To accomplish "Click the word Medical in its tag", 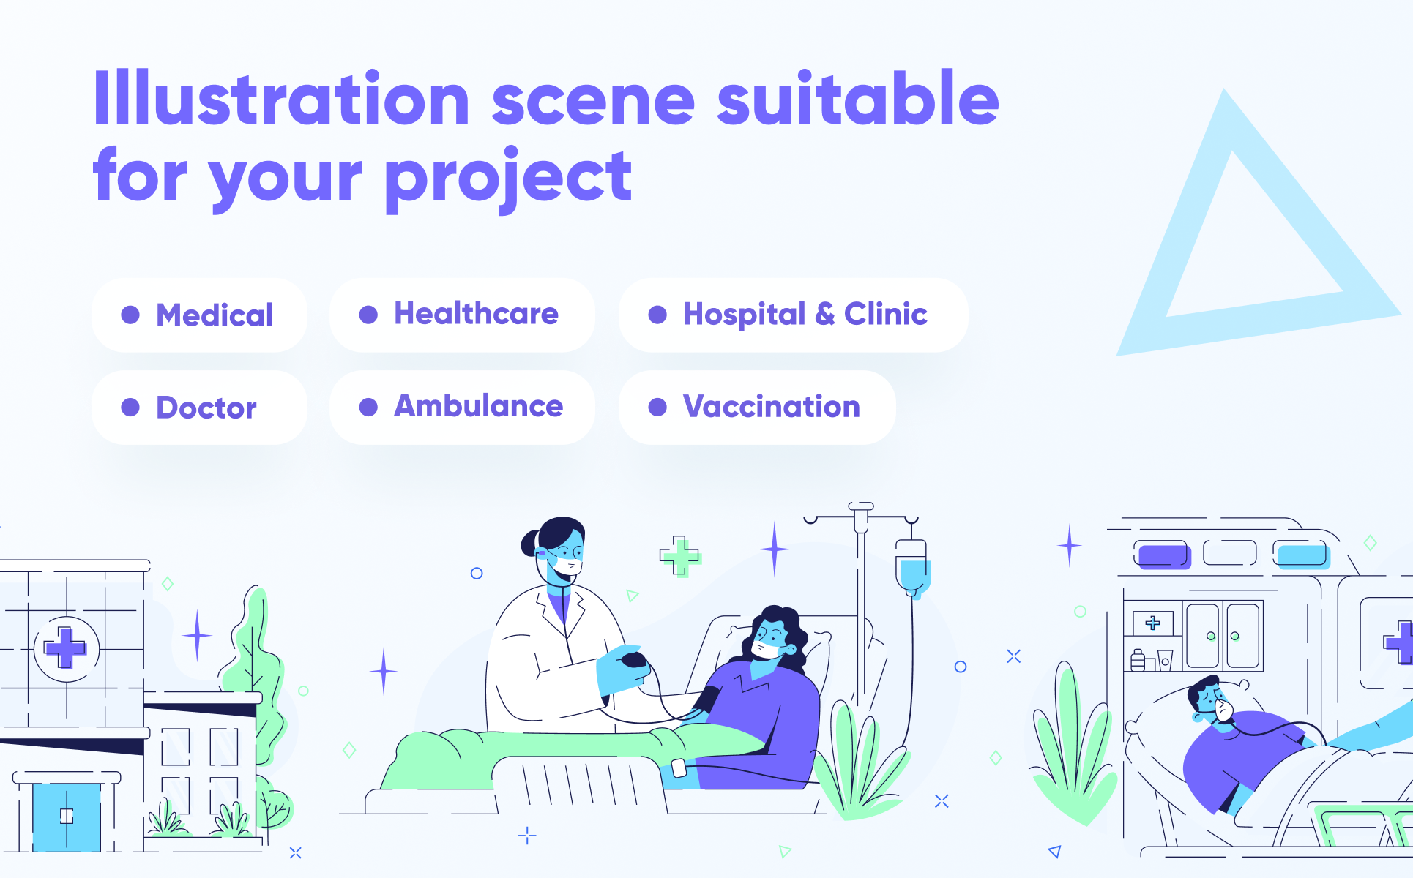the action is [x=215, y=315].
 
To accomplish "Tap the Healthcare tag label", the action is [x=476, y=313].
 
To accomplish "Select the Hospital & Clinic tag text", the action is [x=805, y=315].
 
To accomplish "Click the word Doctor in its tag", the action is [x=206, y=408].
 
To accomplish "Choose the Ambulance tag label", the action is [x=479, y=406].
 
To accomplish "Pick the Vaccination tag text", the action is [x=772, y=406].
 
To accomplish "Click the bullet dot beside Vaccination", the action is [x=657, y=407].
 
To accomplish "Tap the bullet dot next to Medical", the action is [x=130, y=315].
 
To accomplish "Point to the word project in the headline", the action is [x=508, y=179].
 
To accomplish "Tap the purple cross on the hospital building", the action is [x=65, y=648].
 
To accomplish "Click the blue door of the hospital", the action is [x=67, y=817].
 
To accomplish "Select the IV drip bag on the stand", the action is [x=912, y=568].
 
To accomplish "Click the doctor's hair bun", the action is [x=530, y=543].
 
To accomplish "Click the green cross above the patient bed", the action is [x=680, y=556].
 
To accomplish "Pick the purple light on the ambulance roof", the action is [x=1164, y=555].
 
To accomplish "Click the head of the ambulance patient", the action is [x=1212, y=699].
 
